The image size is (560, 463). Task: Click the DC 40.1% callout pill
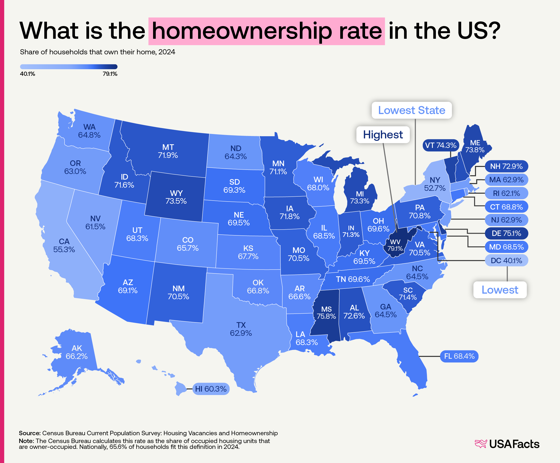point(506,260)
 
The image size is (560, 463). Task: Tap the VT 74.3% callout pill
point(441,145)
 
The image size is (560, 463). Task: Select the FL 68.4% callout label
point(459,356)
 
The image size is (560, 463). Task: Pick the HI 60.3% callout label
point(211,389)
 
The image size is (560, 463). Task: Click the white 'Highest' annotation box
point(383,135)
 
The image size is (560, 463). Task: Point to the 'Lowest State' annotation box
point(412,110)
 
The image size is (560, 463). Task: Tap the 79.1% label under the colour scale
point(110,74)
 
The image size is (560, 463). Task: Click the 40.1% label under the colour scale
point(28,74)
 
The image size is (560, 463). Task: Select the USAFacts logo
point(507,444)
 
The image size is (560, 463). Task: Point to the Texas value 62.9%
point(241,333)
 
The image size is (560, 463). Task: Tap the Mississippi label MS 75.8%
point(326,313)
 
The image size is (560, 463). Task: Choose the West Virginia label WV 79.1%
point(395,245)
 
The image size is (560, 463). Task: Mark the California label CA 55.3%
point(64,245)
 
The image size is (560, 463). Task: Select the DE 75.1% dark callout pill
point(506,233)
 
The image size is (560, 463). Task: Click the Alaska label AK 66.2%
point(77,352)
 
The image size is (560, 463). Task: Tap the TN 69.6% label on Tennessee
point(353,279)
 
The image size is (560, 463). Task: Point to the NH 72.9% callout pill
point(506,166)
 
